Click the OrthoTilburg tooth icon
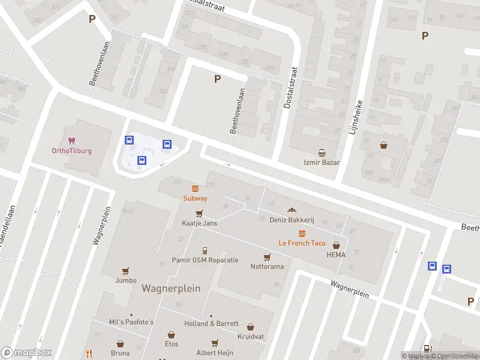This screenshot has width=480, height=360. coord(71,141)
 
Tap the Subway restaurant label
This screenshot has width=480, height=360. coord(195,198)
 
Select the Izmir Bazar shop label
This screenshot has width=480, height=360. coord(322,162)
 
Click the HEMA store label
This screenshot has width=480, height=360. coord(336,254)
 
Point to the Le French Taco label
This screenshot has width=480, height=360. coord(302,243)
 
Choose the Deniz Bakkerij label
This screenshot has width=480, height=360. coord(292,220)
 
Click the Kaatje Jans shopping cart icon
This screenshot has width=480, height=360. coord(199,213)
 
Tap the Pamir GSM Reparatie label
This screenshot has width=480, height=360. coord(205,260)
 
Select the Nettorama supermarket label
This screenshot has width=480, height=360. coord(266,266)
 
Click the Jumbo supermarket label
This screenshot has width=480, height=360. coord(125,280)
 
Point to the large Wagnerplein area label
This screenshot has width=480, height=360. coord(170,288)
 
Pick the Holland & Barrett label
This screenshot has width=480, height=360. coord(211,323)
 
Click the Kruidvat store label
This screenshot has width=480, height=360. coord(251,337)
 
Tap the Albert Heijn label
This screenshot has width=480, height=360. coord(215,353)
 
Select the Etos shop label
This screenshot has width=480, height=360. coord(172,344)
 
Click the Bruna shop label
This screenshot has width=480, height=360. coord(120,353)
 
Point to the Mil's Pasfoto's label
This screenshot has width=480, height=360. coord(131,322)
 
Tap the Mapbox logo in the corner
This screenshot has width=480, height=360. coord(26,353)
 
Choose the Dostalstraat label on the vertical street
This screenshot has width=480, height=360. coord(291,88)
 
